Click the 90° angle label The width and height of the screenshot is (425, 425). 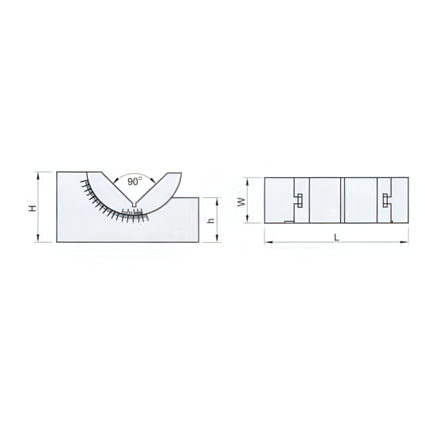[x=134, y=181]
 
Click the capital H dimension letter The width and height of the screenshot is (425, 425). [x=33, y=208]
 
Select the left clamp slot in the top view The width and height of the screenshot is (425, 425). [x=299, y=200]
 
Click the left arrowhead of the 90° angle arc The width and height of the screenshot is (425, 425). [x=116, y=180]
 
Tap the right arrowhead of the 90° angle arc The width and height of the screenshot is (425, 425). [x=152, y=180]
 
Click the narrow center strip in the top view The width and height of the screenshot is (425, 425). [x=342, y=200]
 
